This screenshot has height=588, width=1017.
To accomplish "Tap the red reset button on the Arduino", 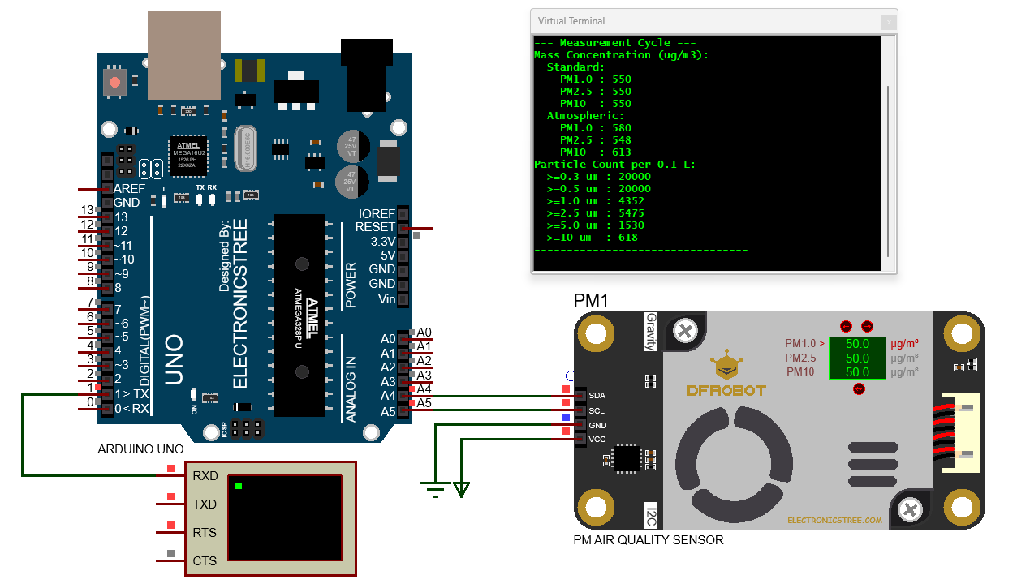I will tap(114, 82).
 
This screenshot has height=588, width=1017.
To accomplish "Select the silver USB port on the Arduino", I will tap(184, 55).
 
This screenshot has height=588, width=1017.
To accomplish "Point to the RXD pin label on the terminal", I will tap(205, 476).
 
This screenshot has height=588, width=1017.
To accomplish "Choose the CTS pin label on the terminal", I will tap(205, 561).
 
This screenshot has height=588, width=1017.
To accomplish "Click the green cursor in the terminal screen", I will tap(238, 486).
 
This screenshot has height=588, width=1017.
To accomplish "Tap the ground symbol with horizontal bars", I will tap(436, 488).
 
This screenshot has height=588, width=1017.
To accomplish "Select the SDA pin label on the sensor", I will tap(597, 396).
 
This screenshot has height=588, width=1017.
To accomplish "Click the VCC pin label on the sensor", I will tap(597, 440).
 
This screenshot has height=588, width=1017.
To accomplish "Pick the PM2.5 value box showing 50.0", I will tap(857, 358).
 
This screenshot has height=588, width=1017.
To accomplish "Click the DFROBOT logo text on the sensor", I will tap(726, 390).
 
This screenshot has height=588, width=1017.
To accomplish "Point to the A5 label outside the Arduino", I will tap(424, 403).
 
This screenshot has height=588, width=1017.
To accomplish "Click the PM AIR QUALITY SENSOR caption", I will tap(648, 539).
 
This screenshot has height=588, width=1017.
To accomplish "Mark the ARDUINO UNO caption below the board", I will tap(140, 449).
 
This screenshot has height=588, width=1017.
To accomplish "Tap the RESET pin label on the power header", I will tap(375, 227).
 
